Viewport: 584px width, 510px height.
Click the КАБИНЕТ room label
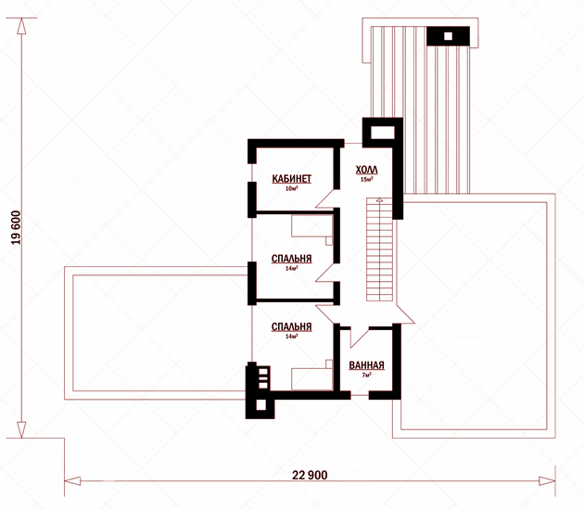291,179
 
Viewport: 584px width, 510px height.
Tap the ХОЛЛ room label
366,170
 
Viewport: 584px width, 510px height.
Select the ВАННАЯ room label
366,365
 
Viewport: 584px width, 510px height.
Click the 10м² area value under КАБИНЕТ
291,188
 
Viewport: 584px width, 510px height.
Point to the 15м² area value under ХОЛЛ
366,179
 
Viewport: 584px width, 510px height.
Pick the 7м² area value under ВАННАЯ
366,375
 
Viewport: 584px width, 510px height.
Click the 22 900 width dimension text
310,475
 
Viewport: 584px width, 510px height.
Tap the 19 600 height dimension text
17,227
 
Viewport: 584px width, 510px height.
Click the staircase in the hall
379,249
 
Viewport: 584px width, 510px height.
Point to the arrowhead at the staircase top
379,200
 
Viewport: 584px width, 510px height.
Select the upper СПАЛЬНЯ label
291,259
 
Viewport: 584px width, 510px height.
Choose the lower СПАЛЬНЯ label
291,326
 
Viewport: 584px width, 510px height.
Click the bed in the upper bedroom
311,228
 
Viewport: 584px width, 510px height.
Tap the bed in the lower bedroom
311,376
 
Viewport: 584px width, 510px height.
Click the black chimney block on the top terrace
448,36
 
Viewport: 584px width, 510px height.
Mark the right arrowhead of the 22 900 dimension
547,481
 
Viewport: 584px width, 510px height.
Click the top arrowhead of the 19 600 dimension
21,26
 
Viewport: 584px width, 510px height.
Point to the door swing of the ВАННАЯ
360,338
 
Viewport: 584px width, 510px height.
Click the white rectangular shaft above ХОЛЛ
383,133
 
